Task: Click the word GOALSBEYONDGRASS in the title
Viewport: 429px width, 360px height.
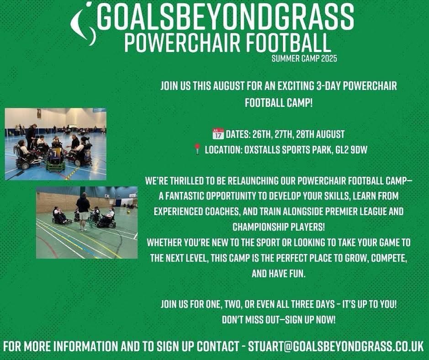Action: tap(225, 17)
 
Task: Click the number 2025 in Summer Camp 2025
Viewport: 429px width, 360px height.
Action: tap(328, 58)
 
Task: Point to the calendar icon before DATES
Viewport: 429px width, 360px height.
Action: tap(218, 134)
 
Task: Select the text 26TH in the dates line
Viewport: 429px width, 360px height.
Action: tap(264, 134)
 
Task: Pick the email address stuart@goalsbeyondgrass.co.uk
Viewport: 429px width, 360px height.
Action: tap(335, 345)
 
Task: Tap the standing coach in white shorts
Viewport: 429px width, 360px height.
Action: tap(83, 210)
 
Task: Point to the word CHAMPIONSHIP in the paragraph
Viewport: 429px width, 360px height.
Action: tap(258, 227)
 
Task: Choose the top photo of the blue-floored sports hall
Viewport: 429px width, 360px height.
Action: tap(55, 144)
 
